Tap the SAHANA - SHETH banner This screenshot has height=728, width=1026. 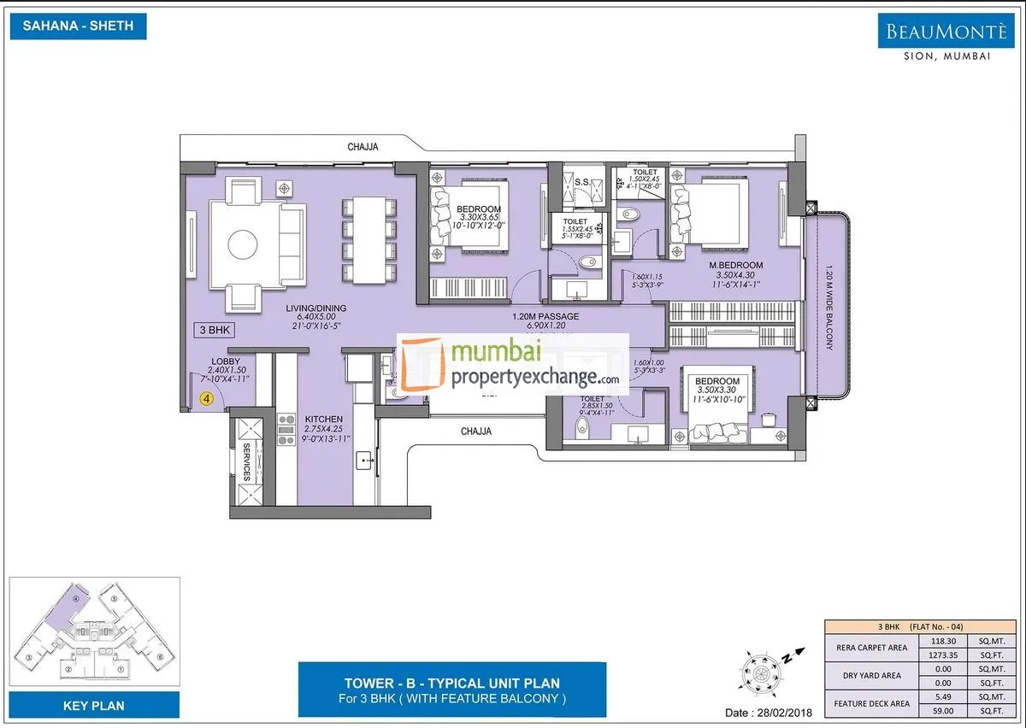point(78,26)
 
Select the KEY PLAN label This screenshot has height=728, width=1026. point(94,705)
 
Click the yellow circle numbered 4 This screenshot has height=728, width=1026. point(206,397)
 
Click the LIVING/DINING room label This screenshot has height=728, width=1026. point(316,308)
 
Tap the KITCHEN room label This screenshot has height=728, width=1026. point(323,420)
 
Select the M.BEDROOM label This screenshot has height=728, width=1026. point(735,265)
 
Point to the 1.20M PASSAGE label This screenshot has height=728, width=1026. point(545,317)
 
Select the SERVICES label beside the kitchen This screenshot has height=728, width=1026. point(246,462)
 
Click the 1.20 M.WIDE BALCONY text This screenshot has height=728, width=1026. point(828,307)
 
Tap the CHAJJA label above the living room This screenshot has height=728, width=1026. point(363,147)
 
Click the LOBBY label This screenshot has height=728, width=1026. point(219,361)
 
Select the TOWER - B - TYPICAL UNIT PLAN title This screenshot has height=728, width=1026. point(451,683)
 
